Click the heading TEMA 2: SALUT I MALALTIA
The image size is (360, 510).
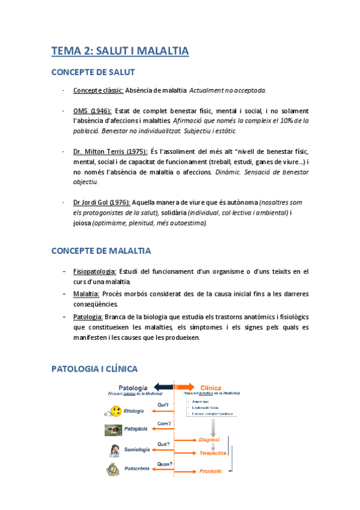[x=120, y=51]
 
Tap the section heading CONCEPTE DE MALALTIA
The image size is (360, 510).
[x=101, y=250]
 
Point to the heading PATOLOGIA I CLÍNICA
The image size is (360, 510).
[x=94, y=368]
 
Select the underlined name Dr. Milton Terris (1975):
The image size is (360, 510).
[x=110, y=152]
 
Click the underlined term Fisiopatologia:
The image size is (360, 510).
[x=94, y=272]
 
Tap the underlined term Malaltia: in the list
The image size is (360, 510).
[x=86, y=294]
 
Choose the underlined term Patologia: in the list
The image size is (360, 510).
[x=88, y=316]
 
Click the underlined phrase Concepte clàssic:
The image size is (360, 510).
[x=99, y=90]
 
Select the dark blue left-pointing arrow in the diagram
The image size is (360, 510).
[x=162, y=387]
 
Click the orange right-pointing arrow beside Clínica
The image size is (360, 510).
[x=185, y=387]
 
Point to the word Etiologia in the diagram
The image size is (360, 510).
[x=133, y=411]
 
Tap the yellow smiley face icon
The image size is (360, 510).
[x=115, y=411]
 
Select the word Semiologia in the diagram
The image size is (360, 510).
[x=137, y=449]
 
